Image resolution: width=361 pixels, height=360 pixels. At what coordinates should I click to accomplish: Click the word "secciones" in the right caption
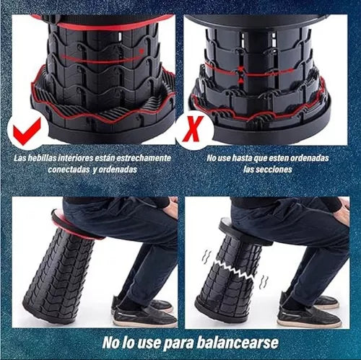(x=278, y=170)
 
